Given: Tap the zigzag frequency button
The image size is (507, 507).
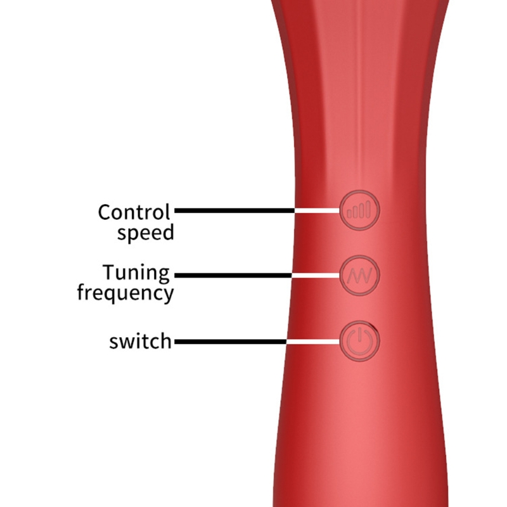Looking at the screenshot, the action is (359, 276).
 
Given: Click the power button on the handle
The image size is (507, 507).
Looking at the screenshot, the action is (359, 342).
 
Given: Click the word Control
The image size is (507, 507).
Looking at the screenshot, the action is (134, 212).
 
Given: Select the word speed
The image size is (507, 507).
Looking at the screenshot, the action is (146, 233).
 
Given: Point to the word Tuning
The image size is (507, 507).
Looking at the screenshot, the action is (136, 273).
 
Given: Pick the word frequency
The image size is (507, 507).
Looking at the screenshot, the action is (125, 293).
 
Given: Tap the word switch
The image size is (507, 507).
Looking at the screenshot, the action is (140, 341).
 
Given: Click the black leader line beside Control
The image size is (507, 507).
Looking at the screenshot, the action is (234, 210).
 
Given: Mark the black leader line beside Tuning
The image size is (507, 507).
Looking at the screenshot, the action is (233, 276).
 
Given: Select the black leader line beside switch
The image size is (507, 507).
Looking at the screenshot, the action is (231, 342).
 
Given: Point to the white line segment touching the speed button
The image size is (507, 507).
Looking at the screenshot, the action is (318, 210).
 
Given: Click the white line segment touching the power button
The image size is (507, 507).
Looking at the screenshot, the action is (313, 342).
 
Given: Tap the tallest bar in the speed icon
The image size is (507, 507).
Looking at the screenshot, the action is (368, 209).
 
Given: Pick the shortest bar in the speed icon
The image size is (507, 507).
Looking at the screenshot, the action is (350, 214).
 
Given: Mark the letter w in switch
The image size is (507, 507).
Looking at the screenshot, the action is (129, 342).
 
